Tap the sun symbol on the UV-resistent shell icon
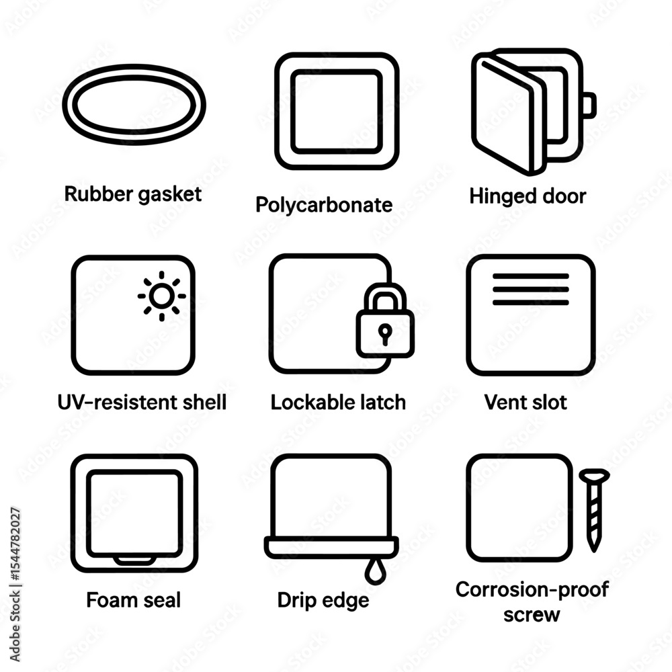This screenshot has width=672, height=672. click(161, 296)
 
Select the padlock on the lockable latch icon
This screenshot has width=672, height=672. click(385, 321)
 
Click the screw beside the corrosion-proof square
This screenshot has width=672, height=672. click(594, 510)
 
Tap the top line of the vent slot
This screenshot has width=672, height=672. click(531, 276)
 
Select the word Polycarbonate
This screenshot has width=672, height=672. click(324, 205)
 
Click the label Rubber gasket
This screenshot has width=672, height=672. click(133, 195)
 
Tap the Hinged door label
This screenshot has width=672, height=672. click(528, 196)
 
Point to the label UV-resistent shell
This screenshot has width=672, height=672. click(142, 403)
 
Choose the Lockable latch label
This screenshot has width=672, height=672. click(338, 403)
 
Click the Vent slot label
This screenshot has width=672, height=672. click(526, 403)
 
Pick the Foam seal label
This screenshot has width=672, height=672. click(133, 600)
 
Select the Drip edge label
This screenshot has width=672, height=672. click(323, 600)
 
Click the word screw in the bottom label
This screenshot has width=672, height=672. click(532, 616)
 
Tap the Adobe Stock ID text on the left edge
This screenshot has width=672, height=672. click(15, 585)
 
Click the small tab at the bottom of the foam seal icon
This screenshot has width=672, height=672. click(134, 560)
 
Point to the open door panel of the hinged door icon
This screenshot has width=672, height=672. click(509, 114)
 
